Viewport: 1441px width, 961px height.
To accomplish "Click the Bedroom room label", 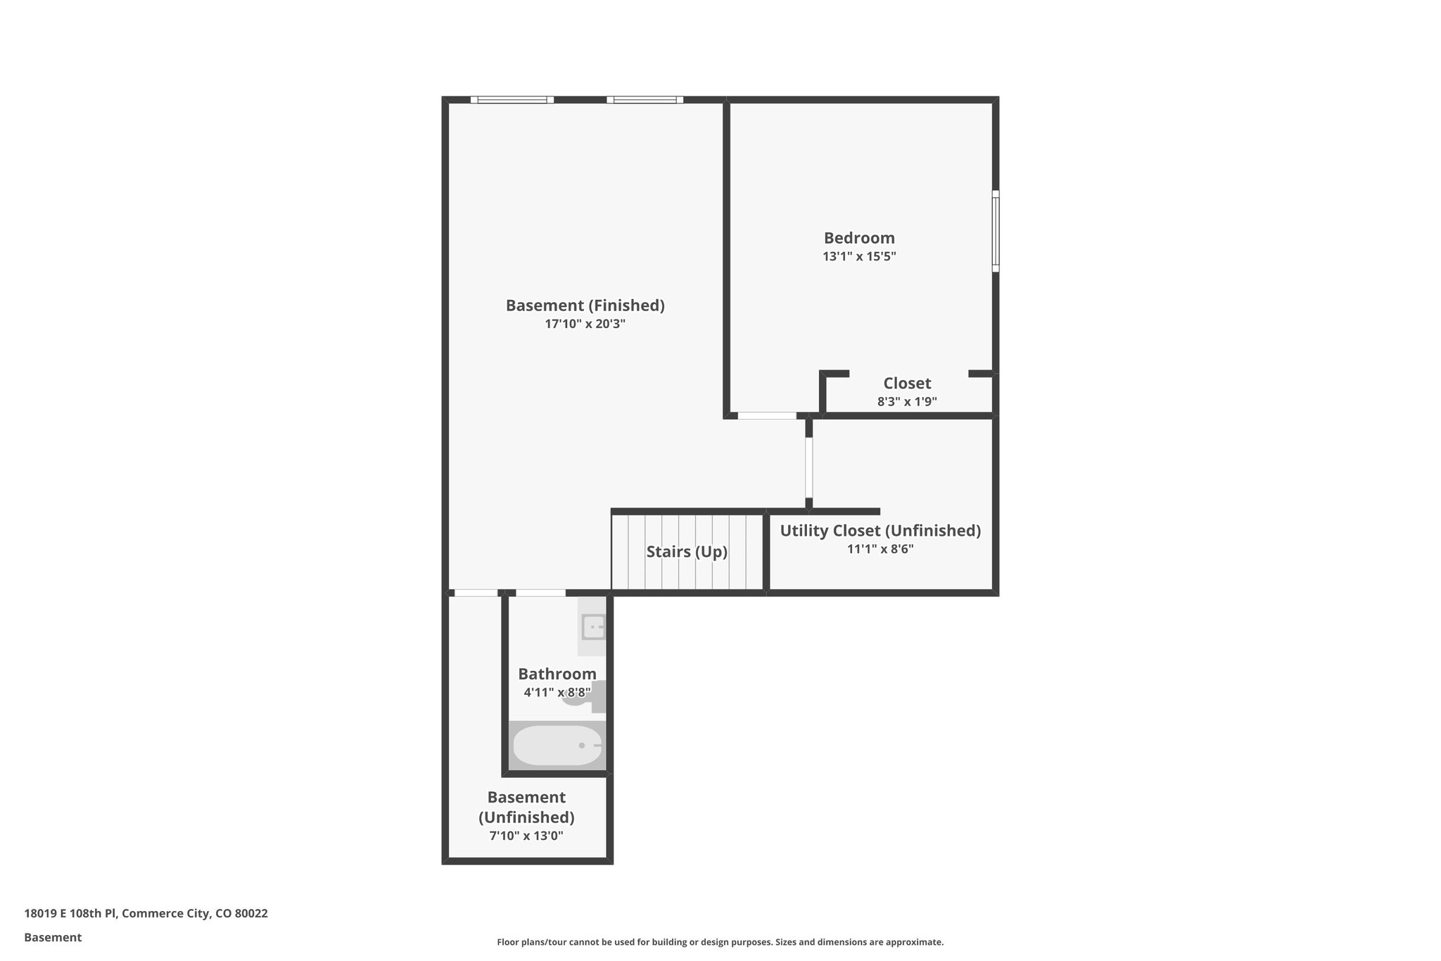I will pos(859,238).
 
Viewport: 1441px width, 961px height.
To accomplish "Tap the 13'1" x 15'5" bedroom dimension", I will pos(859,256).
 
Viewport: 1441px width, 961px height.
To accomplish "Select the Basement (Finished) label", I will pos(585,306).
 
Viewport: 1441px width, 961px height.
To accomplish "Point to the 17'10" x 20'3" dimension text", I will pos(585,324).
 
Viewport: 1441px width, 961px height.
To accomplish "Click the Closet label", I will pos(907,383).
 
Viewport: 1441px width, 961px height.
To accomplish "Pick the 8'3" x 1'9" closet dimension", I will pos(907,402).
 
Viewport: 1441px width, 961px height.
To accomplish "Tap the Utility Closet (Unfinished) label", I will pos(880,530).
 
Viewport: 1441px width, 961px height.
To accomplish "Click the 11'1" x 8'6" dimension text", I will pos(880,548).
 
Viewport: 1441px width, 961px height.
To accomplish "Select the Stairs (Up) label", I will pos(687,551).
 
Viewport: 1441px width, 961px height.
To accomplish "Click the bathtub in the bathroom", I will pos(557,746).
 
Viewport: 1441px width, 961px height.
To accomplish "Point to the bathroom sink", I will pos(593,626).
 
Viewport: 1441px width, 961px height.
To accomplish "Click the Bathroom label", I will pos(557,674).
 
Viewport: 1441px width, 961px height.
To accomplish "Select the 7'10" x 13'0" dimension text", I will pos(526,836).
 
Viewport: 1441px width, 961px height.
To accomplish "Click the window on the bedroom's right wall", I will pos(996,231).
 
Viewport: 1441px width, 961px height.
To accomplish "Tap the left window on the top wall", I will pos(512,100).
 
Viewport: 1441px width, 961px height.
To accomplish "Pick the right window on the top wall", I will pos(645,100).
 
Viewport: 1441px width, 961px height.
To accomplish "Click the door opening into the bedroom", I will pos(767,416).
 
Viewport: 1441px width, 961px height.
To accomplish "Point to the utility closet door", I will pos(809,467).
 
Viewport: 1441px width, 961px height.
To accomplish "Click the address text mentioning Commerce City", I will pos(146,913).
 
